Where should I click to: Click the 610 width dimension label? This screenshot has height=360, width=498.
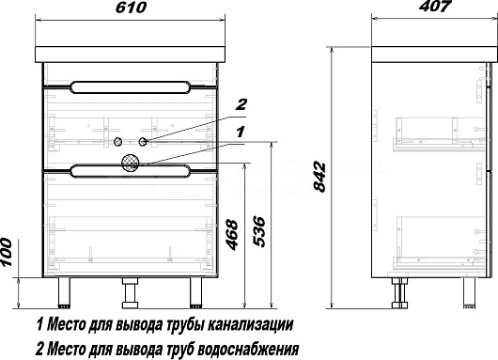pos(131,8)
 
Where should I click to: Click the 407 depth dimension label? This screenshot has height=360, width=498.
pos(435,6)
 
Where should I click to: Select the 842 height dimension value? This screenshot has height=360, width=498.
pos(319,177)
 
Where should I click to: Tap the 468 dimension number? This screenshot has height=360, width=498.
pos(232,234)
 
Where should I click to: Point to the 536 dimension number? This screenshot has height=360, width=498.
pos(258,231)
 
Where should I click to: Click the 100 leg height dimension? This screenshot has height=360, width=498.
pos(6,253)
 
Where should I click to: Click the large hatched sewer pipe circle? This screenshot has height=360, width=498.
pos(131,163)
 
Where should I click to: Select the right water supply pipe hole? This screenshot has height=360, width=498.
pos(143,141)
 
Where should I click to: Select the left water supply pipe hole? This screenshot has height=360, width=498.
pos(117,141)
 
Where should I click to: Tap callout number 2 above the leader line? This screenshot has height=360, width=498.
pos(241,104)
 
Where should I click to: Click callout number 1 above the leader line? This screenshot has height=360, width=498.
pos(241,132)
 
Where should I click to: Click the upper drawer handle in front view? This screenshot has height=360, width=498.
pos(131,87)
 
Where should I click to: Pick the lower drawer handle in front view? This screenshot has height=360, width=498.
pos(131,171)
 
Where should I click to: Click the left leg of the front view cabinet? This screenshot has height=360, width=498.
pos(64,292)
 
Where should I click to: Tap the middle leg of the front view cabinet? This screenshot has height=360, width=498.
pos(130,293)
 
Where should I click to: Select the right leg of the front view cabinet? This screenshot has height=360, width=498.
pos(196,292)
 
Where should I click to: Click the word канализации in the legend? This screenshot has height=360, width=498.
pos(250,324)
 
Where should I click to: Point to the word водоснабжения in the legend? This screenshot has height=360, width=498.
pos(248,349)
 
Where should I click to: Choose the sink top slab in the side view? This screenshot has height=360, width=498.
pos(434,55)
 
